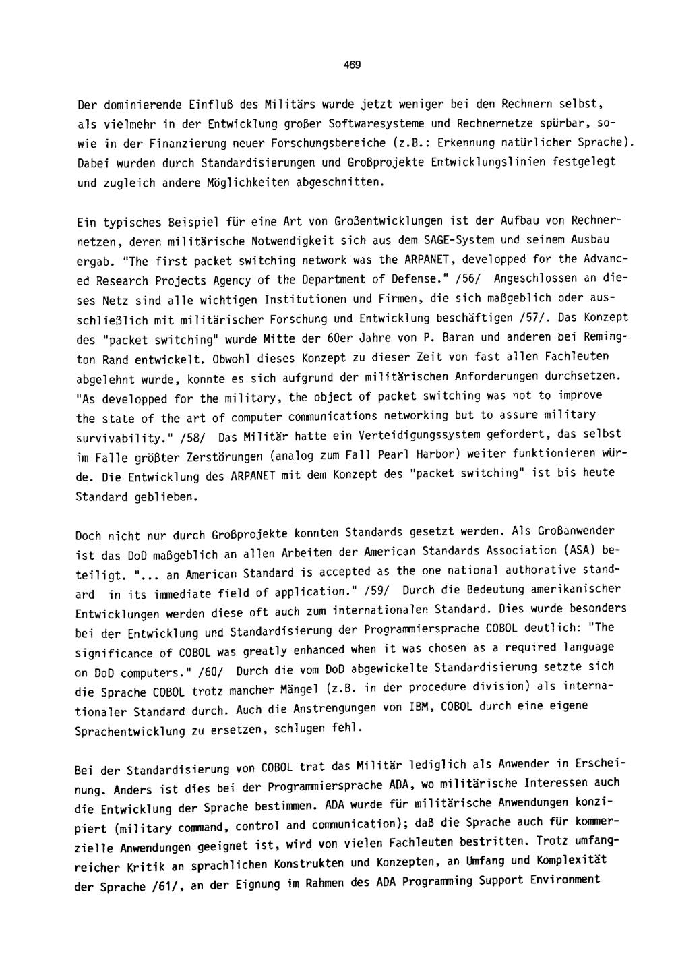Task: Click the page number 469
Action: pyautogui.click(x=351, y=65)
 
